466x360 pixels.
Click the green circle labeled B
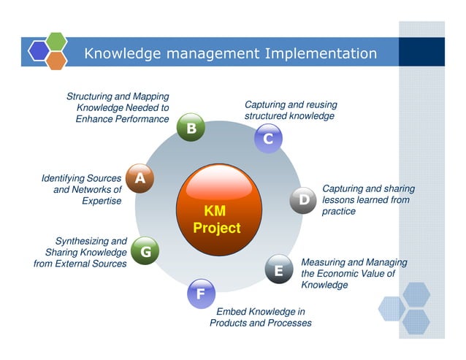click(191, 129)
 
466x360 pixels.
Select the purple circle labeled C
click(268, 138)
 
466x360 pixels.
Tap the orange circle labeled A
click(140, 177)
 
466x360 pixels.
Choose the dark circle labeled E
click(278, 270)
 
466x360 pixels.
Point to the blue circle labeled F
click(200, 294)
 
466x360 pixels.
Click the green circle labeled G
click(145, 252)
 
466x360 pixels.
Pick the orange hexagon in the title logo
click(56, 60)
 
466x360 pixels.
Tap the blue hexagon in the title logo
click(39, 50)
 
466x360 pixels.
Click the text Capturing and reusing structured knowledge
click(289, 110)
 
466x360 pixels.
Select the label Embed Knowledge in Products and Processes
click(261, 318)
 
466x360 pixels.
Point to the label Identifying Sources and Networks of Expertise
click(81, 190)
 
